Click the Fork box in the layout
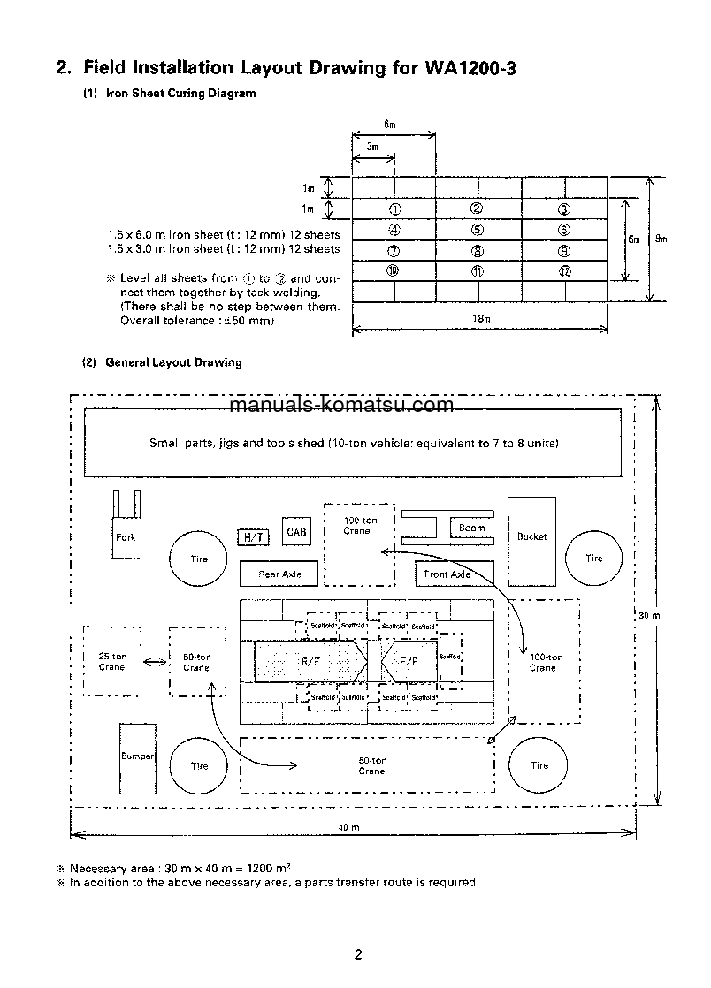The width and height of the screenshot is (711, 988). point(126,536)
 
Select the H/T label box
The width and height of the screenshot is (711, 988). point(253,537)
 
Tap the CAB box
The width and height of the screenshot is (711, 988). point(296,532)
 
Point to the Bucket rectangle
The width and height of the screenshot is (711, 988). point(531,536)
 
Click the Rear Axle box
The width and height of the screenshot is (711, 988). point(279,574)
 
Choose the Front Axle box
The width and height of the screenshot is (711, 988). point(447,574)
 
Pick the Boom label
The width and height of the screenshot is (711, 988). point(471,528)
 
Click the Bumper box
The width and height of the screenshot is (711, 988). point(137,756)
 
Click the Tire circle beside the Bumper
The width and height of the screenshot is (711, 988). point(199,765)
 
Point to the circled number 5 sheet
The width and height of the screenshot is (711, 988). point(478,228)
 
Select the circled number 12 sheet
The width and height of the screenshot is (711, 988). point(564,271)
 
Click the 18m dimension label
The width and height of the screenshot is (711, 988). point(480,320)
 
